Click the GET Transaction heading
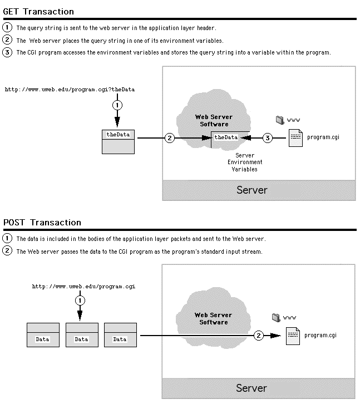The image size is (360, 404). [x=38, y=12]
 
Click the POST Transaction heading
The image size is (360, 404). [x=42, y=223]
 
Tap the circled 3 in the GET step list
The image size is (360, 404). [x=7, y=52]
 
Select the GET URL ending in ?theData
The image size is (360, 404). [x=70, y=90]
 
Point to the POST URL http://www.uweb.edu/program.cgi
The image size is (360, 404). [x=83, y=287]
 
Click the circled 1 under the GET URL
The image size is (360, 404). [x=117, y=105]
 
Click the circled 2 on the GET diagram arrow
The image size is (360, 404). [x=170, y=138]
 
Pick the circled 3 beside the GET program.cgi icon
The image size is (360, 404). [x=268, y=138]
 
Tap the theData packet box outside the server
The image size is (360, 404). [x=119, y=142]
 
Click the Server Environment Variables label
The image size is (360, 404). [x=245, y=162]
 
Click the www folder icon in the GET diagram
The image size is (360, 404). [x=280, y=120]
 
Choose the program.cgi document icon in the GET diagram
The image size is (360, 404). [x=295, y=138]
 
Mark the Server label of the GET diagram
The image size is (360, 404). [x=252, y=190]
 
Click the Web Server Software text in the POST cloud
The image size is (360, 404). [x=213, y=319]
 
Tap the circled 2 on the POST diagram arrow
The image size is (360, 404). [x=259, y=336]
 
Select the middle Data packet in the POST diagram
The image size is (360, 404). [x=82, y=335]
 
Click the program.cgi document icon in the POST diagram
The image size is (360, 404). [x=293, y=336]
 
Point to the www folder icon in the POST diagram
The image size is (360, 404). [x=276, y=318]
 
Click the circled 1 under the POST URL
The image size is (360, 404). [x=80, y=300]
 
